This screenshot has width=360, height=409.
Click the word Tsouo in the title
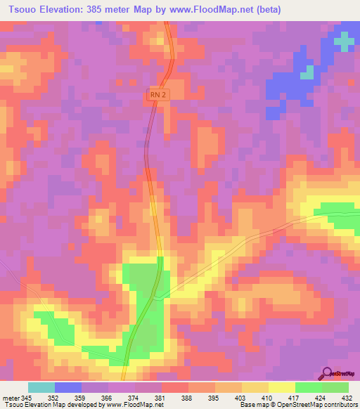click(23, 10)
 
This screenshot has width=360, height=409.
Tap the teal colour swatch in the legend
click(41, 387)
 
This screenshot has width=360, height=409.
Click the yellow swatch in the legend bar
click(282, 387)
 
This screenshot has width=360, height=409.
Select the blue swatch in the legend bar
click(68, 387)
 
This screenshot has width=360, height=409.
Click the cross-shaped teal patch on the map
click(344, 41)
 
